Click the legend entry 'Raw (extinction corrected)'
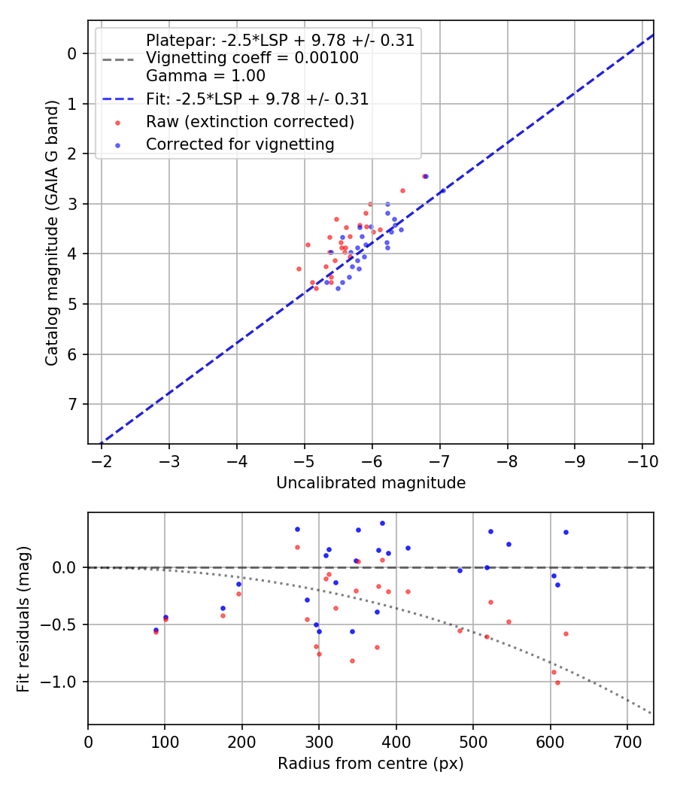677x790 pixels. [250, 122]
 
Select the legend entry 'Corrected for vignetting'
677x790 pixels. [240, 144]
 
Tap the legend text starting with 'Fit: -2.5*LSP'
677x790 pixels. [257, 99]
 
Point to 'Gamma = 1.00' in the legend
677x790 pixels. [205, 76]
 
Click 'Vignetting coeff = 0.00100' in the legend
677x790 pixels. [252, 58]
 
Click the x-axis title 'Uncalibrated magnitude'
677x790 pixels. [371, 483]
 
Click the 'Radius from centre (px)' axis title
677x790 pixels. [371, 764]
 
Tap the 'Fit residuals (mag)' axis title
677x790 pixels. [23, 618]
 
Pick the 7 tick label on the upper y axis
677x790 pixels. [72, 405]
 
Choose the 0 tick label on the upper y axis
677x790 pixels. [72, 53]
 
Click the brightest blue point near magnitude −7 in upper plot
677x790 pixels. [442, 190]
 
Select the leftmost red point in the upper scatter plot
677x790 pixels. [299, 269]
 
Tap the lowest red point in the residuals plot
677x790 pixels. [557, 682]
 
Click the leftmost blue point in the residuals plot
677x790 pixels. [156, 630]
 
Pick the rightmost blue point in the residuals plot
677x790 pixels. [566, 532]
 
